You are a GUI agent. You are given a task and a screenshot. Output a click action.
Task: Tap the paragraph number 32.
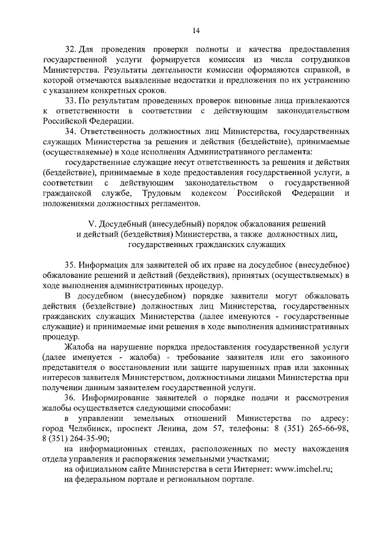pyautogui.click(x=70, y=50)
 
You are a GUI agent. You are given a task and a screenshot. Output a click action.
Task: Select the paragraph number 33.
pyautogui.click(x=70, y=100)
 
